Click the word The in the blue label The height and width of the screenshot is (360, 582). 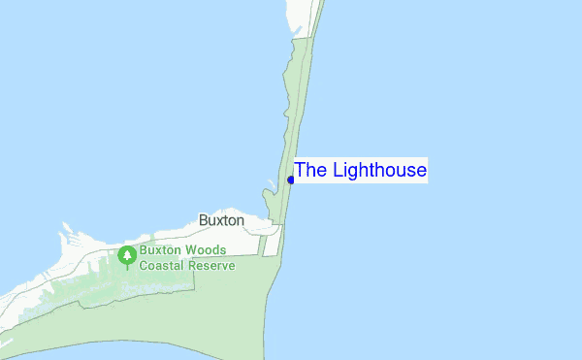pos(311,171)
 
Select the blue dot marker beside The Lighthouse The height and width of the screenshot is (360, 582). pos(291,180)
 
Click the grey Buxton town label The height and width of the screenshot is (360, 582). pos(221,220)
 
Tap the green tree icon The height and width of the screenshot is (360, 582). pos(126,256)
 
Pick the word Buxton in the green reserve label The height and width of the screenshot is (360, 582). pos(161,249)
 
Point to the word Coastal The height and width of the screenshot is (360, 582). pos(164,265)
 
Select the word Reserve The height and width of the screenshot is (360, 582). pos(212,265)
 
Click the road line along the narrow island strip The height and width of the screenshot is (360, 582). pos(302,116)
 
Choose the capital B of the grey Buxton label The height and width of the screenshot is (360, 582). pos(203,220)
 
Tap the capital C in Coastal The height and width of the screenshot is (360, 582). pos(144,265)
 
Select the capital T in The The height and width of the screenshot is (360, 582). pos(300,171)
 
